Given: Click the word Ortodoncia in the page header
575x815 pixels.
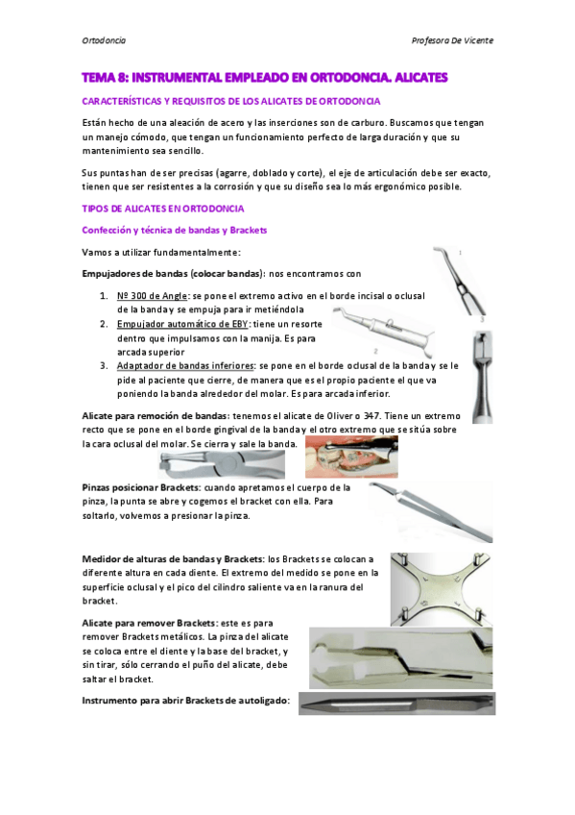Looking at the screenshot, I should [104, 41].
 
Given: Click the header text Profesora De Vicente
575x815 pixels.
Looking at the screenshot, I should [451, 41].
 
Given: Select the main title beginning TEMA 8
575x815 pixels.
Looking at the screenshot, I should [265, 76].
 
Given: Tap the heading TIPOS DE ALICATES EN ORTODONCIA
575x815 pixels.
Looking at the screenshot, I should [164, 209].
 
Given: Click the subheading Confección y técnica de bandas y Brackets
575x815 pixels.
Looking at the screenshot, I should [174, 231].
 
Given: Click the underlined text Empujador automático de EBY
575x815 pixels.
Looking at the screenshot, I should [181, 324].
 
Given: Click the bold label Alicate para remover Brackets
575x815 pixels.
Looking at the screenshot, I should [148, 624].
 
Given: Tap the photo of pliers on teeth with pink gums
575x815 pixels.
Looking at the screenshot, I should [350, 457].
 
